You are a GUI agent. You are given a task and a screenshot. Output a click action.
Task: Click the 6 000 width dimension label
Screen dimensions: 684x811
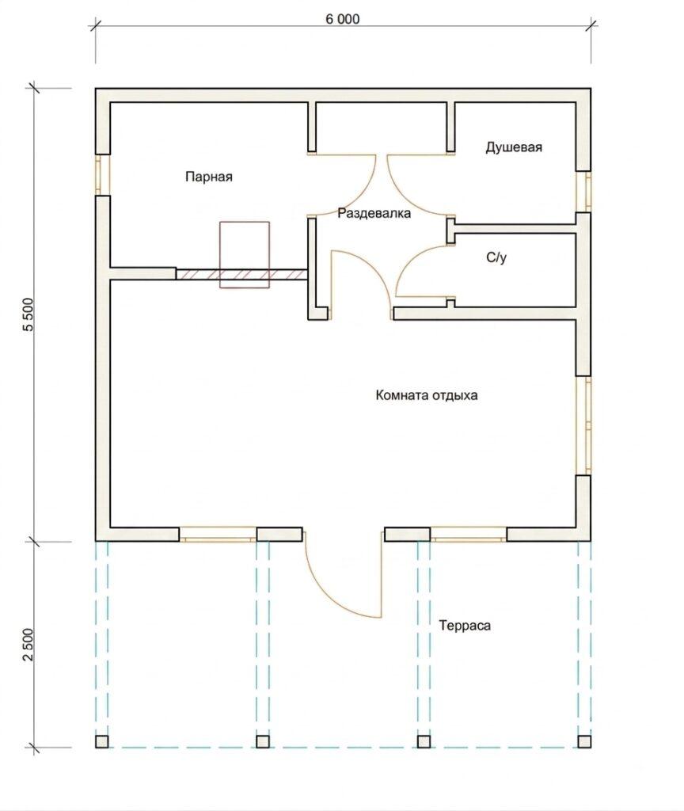coord(342,19)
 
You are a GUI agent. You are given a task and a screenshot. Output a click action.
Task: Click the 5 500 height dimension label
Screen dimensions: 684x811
coord(28,314)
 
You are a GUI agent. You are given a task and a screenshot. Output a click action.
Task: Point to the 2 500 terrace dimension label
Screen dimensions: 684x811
coord(28,645)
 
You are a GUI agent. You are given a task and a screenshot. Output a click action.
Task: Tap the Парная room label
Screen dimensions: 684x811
coord(209,177)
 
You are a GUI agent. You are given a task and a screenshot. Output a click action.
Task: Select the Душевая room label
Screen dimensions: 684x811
coord(514,147)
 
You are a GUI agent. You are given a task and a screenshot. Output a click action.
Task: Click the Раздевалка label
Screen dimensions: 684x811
coord(374,213)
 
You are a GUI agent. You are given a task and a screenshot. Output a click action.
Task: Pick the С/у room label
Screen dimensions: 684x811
coord(496,257)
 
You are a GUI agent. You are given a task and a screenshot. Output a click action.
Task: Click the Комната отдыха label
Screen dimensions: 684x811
coord(427,396)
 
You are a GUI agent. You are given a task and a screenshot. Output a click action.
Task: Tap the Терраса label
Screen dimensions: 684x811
coord(465,626)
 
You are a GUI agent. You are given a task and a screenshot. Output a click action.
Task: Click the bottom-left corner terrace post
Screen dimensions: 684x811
coord(102,741)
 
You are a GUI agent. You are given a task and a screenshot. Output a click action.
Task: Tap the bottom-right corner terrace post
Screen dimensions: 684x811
coord(584,741)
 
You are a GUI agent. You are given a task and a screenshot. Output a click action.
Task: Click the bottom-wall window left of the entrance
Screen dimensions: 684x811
coord(218,535)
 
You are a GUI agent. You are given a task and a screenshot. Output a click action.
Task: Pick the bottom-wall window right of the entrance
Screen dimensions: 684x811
coord(469,535)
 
